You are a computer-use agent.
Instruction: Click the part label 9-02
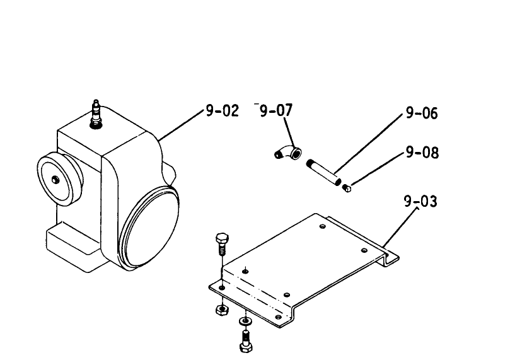click(223, 111)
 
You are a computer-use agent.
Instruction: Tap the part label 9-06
click(422, 113)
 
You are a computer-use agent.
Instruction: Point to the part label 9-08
click(422, 152)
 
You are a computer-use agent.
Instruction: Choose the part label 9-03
click(420, 201)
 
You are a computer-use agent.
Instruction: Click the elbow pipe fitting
click(288, 153)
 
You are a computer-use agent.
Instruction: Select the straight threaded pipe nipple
click(323, 172)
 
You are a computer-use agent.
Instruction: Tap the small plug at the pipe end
click(347, 188)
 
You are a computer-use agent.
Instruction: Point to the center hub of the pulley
click(55, 179)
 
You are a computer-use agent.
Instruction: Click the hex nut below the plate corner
click(222, 310)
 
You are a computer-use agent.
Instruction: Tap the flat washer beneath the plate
click(245, 322)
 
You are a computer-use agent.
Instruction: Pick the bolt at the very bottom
click(246, 341)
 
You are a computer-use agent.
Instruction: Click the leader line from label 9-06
click(368, 144)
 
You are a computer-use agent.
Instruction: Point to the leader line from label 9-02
click(180, 125)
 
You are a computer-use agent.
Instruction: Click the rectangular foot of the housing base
click(73, 247)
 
